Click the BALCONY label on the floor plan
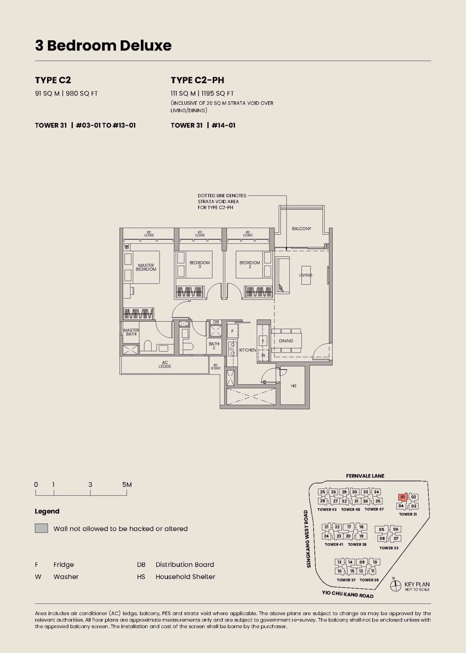[x=301, y=229]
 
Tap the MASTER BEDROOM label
[x=146, y=267]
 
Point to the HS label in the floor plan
[x=293, y=386]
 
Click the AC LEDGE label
[x=165, y=364]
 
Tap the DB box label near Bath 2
[x=216, y=322]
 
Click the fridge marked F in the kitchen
[x=233, y=331]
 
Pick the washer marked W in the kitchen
[x=263, y=355]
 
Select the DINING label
[x=286, y=341]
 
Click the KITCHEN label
[x=247, y=350]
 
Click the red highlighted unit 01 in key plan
[x=403, y=497]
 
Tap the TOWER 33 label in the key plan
[x=389, y=548]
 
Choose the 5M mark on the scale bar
[x=127, y=485]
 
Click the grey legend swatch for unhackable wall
[x=41, y=528]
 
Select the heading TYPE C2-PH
[x=197, y=80]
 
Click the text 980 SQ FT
[x=82, y=94]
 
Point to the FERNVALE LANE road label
[x=365, y=476]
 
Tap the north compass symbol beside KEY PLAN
[x=395, y=586]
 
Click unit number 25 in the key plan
[x=323, y=492]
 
